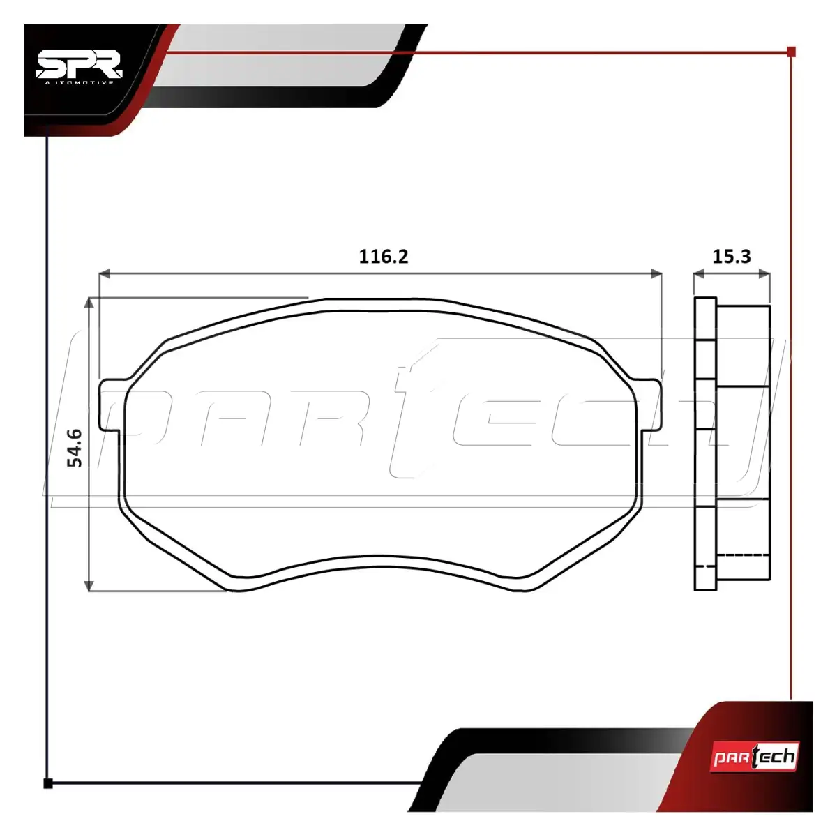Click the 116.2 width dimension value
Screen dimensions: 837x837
[x=384, y=257]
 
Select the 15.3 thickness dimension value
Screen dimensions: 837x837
[x=732, y=257]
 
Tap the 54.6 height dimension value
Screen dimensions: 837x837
[x=75, y=448]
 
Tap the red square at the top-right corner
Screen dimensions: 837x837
[x=792, y=52]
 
